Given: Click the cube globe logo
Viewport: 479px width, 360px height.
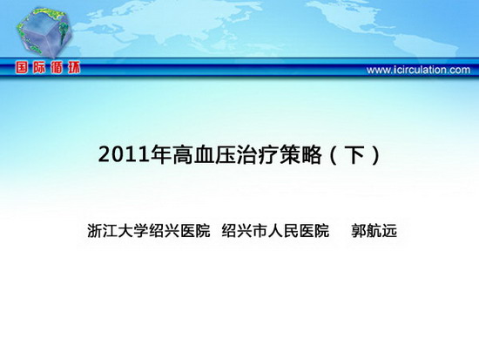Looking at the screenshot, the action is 44,31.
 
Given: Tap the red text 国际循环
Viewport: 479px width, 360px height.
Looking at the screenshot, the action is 48,68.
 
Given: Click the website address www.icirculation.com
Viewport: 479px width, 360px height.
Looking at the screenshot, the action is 418,70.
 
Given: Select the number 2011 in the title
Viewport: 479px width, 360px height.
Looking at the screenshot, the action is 125,155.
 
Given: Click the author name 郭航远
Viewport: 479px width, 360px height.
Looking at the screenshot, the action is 374,231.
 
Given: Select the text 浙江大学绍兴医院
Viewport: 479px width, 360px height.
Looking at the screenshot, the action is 149,231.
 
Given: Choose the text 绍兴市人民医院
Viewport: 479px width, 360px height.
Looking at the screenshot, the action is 275,231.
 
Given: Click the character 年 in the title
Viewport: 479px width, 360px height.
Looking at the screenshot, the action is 161,154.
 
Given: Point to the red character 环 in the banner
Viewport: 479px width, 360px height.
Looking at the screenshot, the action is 74,68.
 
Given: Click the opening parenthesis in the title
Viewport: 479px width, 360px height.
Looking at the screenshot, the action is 333,155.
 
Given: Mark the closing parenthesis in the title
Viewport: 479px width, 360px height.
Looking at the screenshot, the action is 376,155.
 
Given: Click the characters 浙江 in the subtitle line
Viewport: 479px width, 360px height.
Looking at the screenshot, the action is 103,231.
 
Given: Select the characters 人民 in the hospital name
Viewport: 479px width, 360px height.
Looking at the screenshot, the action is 283,231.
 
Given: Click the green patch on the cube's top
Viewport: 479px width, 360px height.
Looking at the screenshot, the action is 46,13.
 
